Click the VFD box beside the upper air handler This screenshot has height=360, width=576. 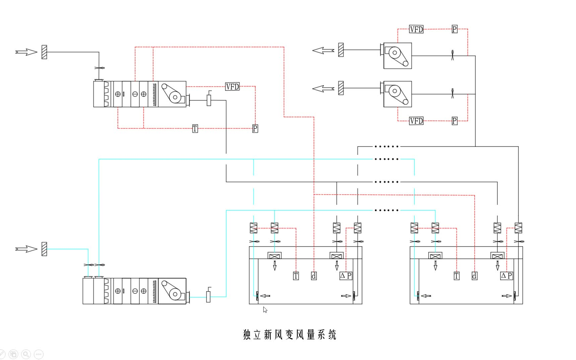click(x=232, y=87)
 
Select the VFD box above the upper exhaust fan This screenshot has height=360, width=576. click(x=416, y=29)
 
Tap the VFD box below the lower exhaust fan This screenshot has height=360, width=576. click(x=416, y=121)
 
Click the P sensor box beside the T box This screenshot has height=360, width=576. click(x=255, y=129)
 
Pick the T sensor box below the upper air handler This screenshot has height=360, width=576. click(x=195, y=129)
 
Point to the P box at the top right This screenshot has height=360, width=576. click(x=455, y=29)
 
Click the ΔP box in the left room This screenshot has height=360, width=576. click(x=346, y=276)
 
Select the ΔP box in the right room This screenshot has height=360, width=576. click(x=506, y=276)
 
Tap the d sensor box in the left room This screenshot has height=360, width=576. click(x=314, y=276)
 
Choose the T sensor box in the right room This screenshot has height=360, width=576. click(x=457, y=276)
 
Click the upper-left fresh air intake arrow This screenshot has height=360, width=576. click(x=26, y=52)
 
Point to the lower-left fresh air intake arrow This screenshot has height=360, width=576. click(x=26, y=249)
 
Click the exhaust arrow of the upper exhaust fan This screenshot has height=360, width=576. click(x=323, y=50)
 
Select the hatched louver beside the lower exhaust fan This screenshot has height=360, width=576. click(x=341, y=88)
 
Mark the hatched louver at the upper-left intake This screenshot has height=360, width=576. click(x=44, y=52)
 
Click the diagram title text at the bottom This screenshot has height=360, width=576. click(x=289, y=335)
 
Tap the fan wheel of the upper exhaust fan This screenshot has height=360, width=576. click(x=395, y=53)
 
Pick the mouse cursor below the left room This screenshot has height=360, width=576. click(x=265, y=310)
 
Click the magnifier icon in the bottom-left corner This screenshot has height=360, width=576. click(x=26, y=354)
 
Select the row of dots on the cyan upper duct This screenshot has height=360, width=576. click(x=386, y=159)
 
